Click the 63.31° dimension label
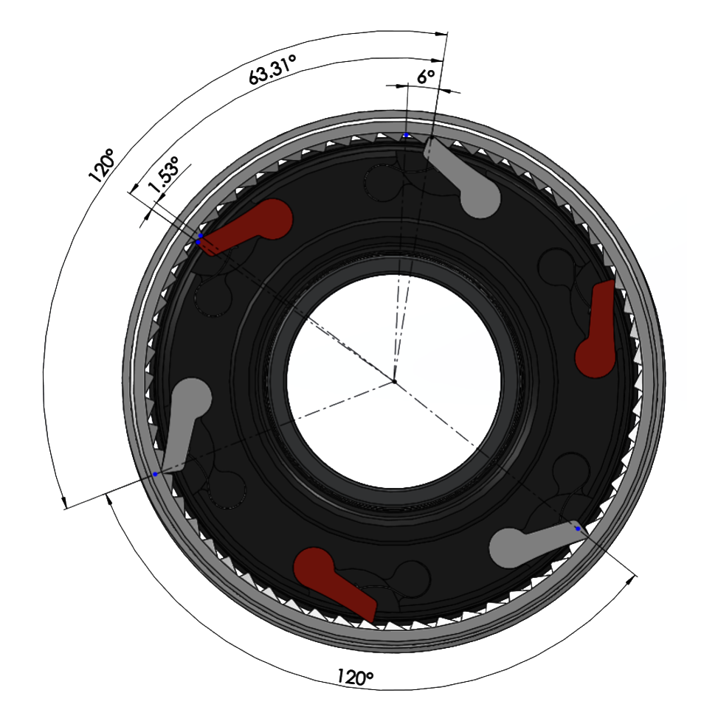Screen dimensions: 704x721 [x=272, y=69]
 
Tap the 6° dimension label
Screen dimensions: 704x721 [x=426, y=77]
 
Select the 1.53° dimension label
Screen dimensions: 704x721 [x=163, y=175]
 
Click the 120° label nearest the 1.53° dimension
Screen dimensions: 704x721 [x=101, y=166]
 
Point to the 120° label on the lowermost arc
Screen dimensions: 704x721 [x=355, y=678]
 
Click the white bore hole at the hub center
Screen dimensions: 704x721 [x=394, y=381]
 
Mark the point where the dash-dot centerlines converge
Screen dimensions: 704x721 [x=394, y=381]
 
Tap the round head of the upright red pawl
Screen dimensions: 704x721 [x=596, y=358]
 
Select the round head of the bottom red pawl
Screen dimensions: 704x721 [x=314, y=568]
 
